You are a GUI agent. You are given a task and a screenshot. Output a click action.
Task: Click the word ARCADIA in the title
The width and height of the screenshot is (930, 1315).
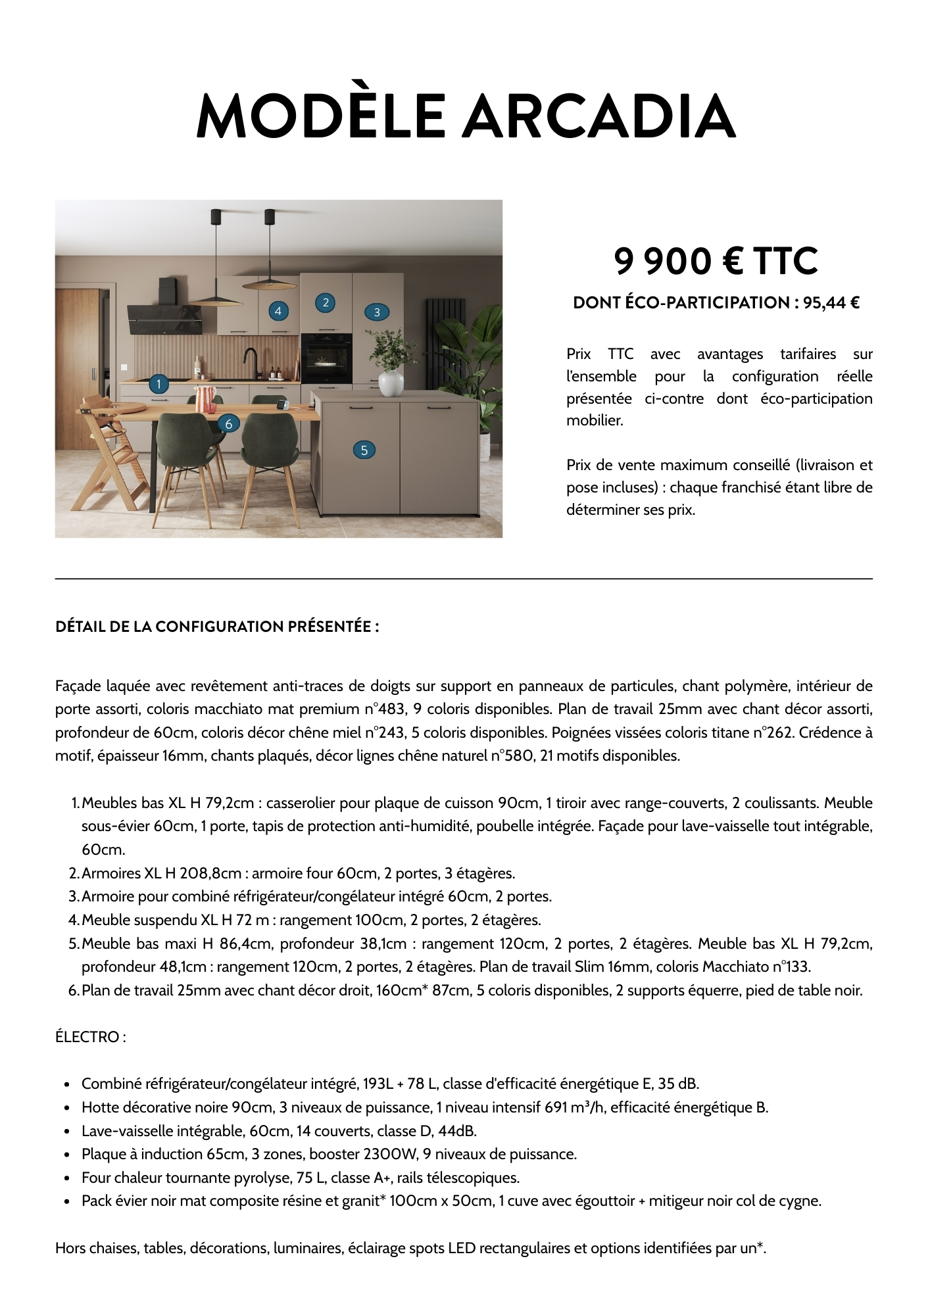pos(599,117)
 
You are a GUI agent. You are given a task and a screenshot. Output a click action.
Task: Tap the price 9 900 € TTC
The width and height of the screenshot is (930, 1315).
pos(716,261)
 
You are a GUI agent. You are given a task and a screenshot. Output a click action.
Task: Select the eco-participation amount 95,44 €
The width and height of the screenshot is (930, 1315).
pos(831,303)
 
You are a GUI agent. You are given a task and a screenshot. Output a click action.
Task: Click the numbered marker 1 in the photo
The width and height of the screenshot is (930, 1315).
pos(159,383)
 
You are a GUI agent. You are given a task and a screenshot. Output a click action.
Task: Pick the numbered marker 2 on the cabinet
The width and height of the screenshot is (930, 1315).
pos(325,302)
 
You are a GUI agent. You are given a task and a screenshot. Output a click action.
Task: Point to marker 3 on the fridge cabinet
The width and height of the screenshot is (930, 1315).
pos(377,312)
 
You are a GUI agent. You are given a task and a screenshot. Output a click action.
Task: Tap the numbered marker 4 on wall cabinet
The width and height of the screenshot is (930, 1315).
pos(278,311)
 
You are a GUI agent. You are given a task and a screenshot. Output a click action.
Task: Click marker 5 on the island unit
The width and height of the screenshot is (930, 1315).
pos(364,450)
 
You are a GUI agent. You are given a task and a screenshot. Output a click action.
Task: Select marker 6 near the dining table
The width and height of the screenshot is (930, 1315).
pos(228,424)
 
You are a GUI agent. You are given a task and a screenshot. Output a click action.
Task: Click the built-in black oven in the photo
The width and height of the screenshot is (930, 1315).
pos(326,359)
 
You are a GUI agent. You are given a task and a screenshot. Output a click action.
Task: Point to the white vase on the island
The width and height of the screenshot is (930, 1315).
pos(391,383)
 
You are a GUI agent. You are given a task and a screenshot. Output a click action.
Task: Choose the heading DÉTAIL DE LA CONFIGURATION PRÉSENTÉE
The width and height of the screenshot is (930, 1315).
pos(217,627)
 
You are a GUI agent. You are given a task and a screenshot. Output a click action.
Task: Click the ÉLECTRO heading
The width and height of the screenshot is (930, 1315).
pos(90,1037)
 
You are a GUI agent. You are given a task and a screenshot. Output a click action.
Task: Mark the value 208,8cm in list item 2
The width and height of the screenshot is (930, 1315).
pos(210,873)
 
